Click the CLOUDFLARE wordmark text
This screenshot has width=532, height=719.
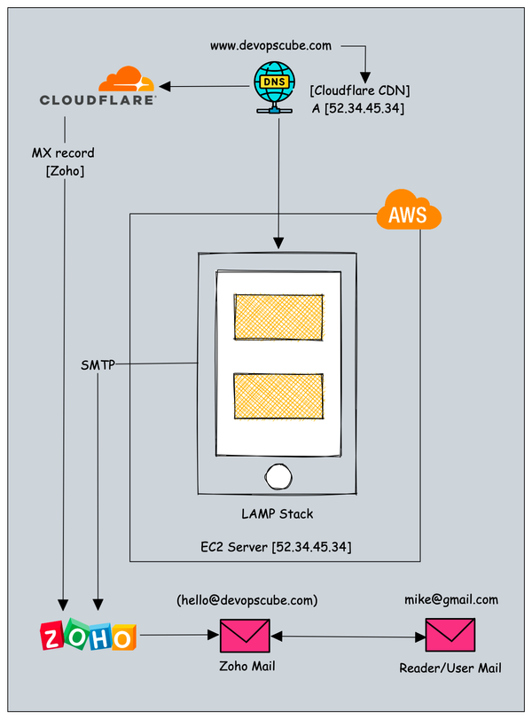pyautogui.click(x=98, y=99)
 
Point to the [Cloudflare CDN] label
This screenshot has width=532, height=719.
pyautogui.click(x=359, y=90)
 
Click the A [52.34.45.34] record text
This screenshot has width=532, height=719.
pyautogui.click(x=359, y=109)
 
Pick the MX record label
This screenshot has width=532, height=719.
pyautogui.click(x=63, y=153)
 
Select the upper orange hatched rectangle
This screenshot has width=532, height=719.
pyautogui.click(x=278, y=317)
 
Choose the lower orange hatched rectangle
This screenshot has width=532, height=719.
pyautogui.click(x=278, y=396)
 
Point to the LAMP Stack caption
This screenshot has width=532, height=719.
pyautogui.click(x=278, y=513)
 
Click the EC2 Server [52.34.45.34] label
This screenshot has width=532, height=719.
pyautogui.click(x=276, y=547)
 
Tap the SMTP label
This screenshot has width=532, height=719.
pyautogui.click(x=97, y=363)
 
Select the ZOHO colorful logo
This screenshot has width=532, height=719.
pyautogui.click(x=89, y=636)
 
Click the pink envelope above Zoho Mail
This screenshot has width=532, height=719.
pyautogui.click(x=244, y=636)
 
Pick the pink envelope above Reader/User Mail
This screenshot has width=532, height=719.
pyautogui.click(x=450, y=636)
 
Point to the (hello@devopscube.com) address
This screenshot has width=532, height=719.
pyautogui.click(x=246, y=600)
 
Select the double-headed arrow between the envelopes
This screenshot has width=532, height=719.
pyautogui.click(x=347, y=636)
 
